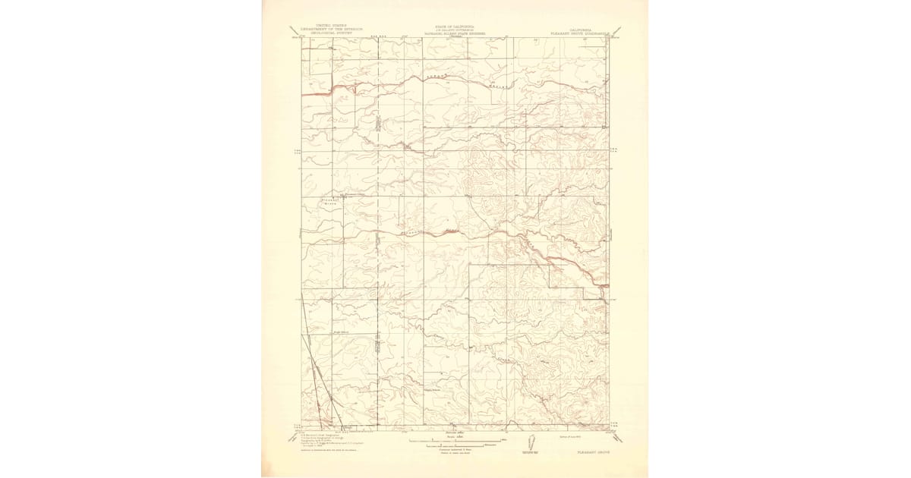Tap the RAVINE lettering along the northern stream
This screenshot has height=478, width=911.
[x=497, y=86]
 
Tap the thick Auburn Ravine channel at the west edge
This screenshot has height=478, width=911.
[x=315, y=92]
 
